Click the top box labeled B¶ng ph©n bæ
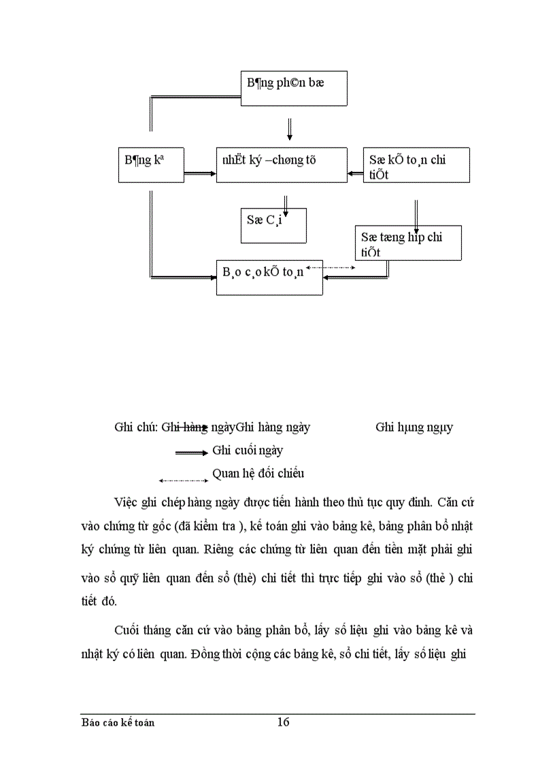pyautogui.click(x=295, y=88)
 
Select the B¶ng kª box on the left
pyautogui.click(x=150, y=165)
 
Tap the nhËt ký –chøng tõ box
pyautogui.click(x=282, y=165)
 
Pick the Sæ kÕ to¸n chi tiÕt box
pyautogui.click(x=416, y=165)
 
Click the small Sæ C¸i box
pyautogui.click(x=273, y=225)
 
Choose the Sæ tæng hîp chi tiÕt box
pyautogui.click(x=408, y=243)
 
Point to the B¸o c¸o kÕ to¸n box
pyautogui.click(x=269, y=277)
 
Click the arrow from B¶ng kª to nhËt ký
pyautogui.click(x=200, y=174)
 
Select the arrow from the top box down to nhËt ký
pyautogui.click(x=289, y=128)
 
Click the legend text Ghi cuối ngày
pyautogui.click(x=248, y=450)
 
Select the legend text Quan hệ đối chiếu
pyautogui.click(x=258, y=473)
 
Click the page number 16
pyautogui.click(x=283, y=722)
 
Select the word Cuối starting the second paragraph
pyautogui.click(x=127, y=631)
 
